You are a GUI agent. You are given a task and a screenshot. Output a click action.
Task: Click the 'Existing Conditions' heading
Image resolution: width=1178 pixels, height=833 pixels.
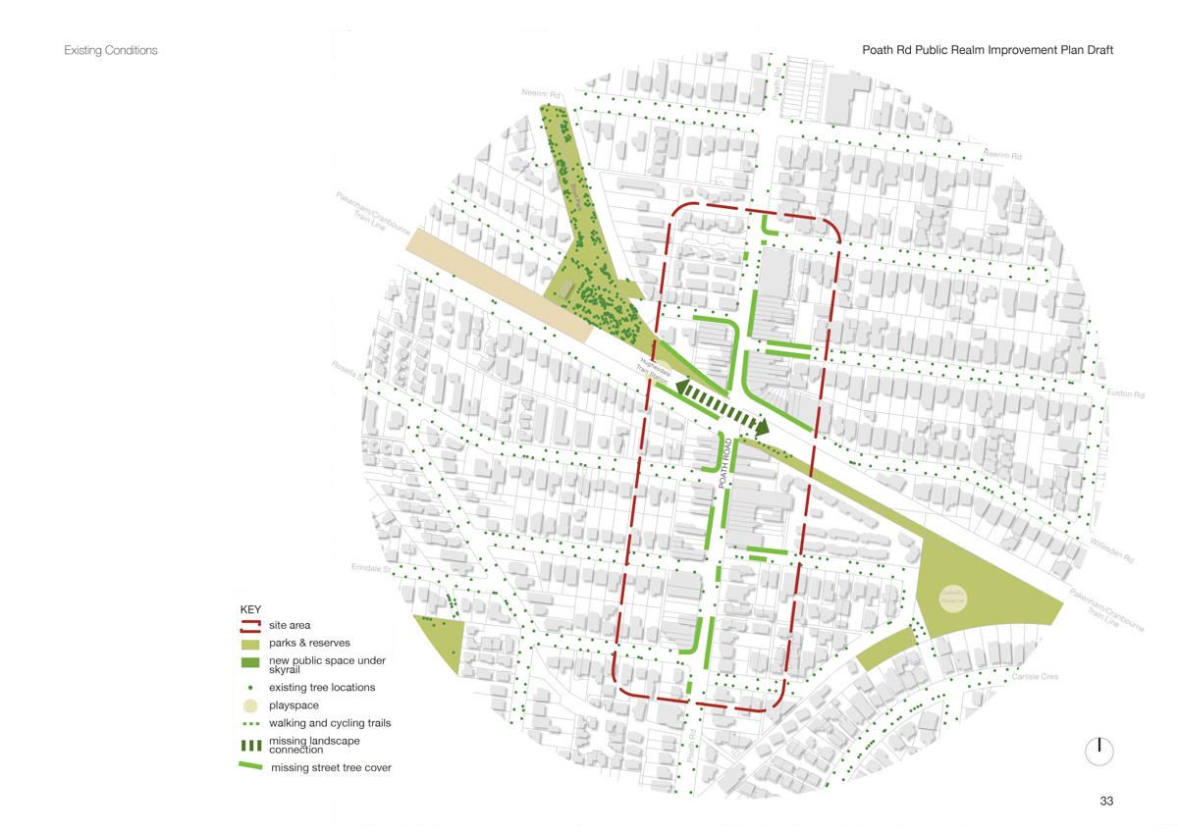tap(110, 50)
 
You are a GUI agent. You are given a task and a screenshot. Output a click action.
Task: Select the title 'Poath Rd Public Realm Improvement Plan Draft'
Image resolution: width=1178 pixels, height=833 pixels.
tap(988, 50)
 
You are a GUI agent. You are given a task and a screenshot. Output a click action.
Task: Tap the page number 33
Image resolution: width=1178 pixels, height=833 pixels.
tap(1106, 802)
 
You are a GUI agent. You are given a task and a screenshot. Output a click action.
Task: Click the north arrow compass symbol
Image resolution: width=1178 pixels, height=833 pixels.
tap(1099, 751)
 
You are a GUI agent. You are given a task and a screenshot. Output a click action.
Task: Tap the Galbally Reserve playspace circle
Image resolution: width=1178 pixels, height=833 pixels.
tap(953, 598)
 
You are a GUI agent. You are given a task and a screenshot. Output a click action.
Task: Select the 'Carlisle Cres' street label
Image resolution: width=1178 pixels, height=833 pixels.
tap(1037, 677)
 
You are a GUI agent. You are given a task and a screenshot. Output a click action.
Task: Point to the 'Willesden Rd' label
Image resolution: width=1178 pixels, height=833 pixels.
tap(1111, 550)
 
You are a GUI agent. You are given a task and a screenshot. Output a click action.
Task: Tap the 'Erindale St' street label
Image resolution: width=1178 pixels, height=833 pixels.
tap(371, 568)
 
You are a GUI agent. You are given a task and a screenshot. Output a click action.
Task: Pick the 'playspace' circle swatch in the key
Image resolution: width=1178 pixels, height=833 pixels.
tap(250, 705)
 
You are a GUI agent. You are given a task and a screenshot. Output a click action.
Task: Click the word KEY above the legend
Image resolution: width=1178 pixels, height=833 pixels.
tap(250, 609)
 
